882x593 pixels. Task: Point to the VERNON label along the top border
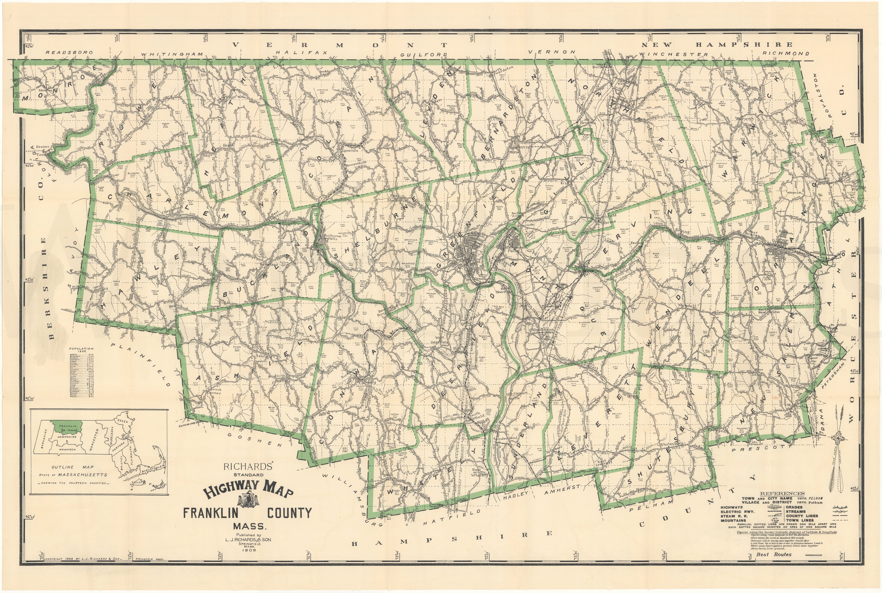(x=552, y=52)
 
